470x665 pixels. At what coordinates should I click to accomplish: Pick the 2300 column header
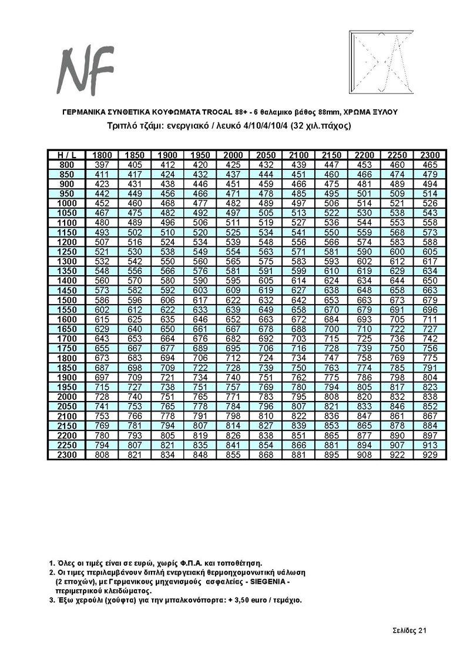coord(430,155)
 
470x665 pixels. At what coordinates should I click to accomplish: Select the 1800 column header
coord(102,155)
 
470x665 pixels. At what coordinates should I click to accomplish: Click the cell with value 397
coord(102,165)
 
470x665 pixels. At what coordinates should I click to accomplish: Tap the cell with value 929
coord(430,455)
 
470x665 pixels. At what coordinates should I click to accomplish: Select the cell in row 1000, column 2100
coord(299,203)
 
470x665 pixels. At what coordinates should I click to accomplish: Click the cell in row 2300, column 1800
coord(102,455)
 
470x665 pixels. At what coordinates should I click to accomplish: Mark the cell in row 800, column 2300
coord(430,165)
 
